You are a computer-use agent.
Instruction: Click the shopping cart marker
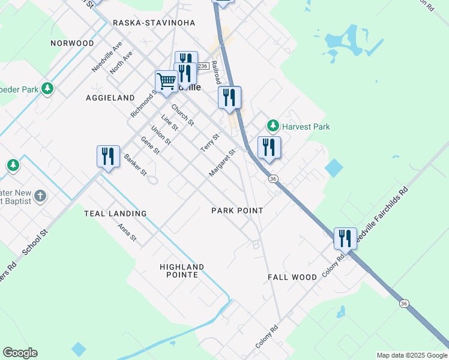(166, 80)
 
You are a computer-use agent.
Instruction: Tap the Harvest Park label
(306, 127)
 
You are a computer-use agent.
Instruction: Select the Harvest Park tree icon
(274, 126)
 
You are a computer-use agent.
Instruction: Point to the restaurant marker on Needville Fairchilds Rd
(345, 238)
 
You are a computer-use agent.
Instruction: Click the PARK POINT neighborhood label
(237, 211)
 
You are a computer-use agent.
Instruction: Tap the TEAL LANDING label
(115, 214)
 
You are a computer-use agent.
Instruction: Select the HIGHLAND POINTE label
(182, 271)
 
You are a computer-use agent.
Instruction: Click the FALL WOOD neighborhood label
(292, 277)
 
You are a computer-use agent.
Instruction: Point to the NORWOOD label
(72, 43)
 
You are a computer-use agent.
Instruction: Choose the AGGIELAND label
(110, 97)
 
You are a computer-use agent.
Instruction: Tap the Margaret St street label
(221, 163)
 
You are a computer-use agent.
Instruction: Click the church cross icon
(40, 196)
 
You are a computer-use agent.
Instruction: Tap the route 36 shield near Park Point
(273, 179)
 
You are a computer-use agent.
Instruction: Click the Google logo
(20, 353)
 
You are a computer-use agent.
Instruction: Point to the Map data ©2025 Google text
(411, 355)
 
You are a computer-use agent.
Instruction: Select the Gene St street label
(149, 145)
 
